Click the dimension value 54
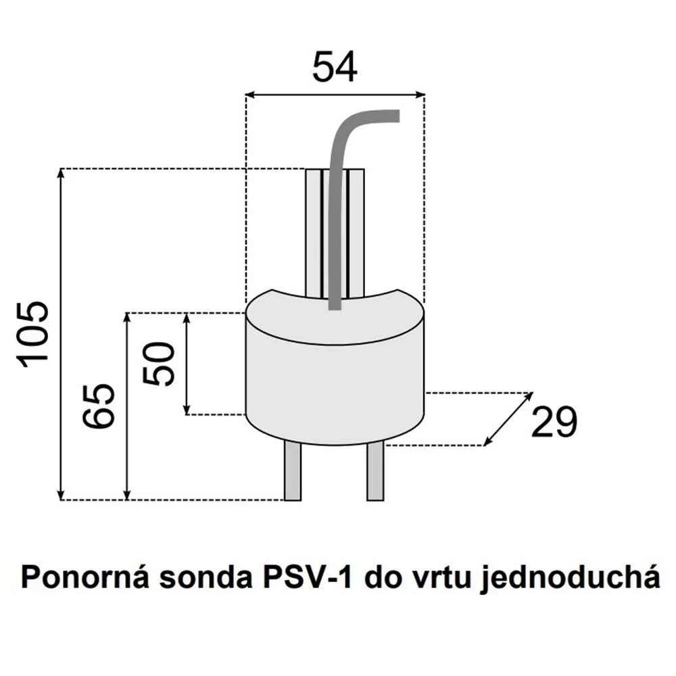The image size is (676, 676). [x=334, y=68]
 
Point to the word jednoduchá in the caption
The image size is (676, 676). [x=571, y=580]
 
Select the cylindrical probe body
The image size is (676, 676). [x=335, y=379]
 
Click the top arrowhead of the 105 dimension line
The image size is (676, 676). [x=62, y=172]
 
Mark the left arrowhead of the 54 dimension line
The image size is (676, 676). [x=249, y=95]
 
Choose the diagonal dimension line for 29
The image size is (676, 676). [x=509, y=418]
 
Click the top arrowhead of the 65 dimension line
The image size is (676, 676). [x=127, y=316]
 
